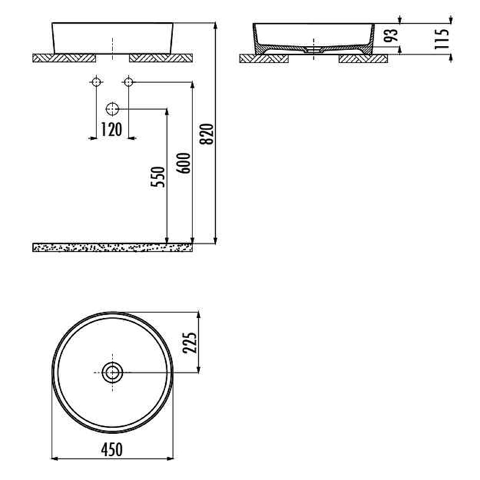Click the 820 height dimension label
click(x=206, y=134)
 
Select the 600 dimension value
click(x=184, y=163)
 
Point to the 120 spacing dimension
click(x=112, y=129)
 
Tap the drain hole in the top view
click(x=112, y=373)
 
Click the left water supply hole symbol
click(x=95, y=81)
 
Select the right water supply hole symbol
click(x=128, y=81)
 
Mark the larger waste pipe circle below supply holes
click(x=112, y=109)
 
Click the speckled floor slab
click(x=113, y=247)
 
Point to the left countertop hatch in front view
click(x=64, y=58)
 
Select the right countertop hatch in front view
click(x=161, y=58)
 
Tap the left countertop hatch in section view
click(x=263, y=58)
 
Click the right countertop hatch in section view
click(x=364, y=58)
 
